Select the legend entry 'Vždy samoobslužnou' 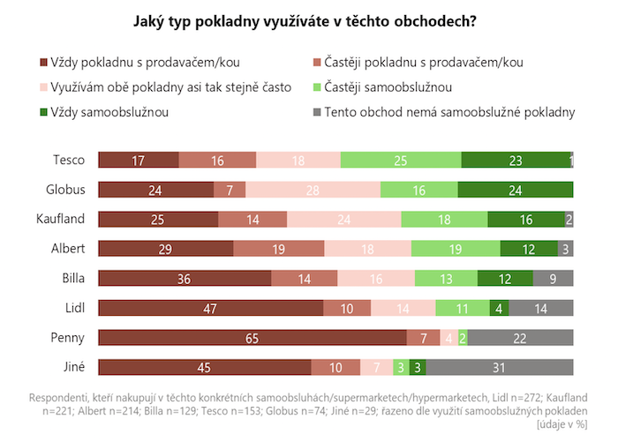click(x=110, y=112)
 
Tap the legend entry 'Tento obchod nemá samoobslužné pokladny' click(x=449, y=112)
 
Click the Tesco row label click(x=69, y=160)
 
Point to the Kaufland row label click(x=61, y=219)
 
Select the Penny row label click(x=68, y=337)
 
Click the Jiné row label click(x=71, y=367)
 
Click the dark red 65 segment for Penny click(x=252, y=337)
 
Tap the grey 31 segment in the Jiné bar click(x=500, y=367)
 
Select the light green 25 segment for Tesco click(x=401, y=160)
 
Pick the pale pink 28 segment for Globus click(x=313, y=190)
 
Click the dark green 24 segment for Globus click(x=516, y=190)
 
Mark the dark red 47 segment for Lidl click(x=210, y=308)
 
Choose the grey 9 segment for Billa click(x=553, y=278)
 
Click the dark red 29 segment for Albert click(x=165, y=249)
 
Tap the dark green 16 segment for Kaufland click(x=525, y=219)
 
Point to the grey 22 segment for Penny click(x=520, y=337)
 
